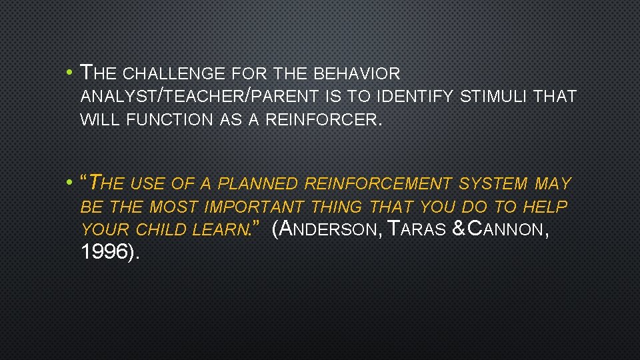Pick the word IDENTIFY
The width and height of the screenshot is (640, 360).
[x=416, y=97]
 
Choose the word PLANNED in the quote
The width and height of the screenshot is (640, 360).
[x=259, y=183]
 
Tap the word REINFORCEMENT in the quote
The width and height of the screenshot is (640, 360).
[x=378, y=183]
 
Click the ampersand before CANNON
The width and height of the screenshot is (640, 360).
[x=459, y=230]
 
